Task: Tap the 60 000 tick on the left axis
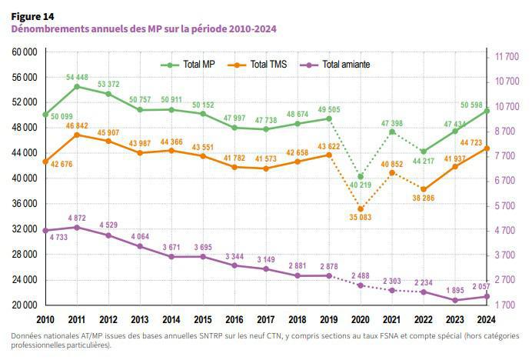(26, 52)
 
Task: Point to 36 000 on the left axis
(26, 204)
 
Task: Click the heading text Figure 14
(33, 15)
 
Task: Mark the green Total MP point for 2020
(361, 177)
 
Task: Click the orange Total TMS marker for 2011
(77, 135)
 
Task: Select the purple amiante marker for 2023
(455, 300)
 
